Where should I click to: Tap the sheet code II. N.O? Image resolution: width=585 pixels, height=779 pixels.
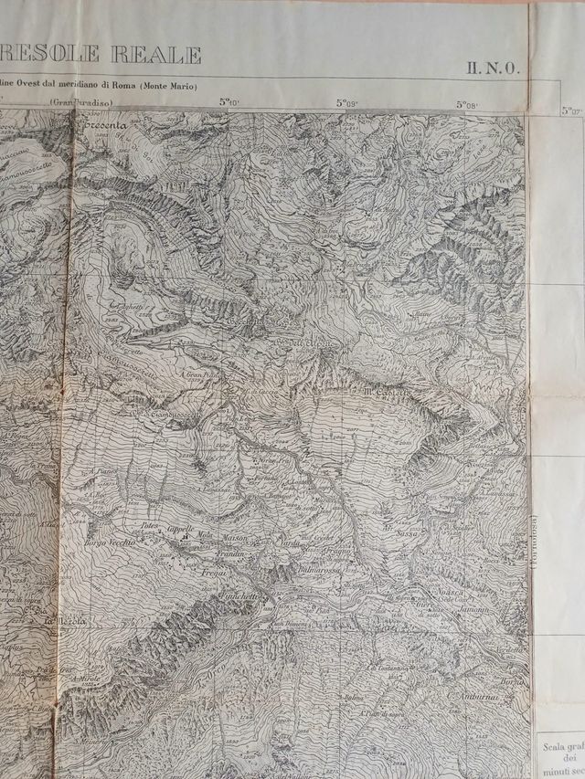pos(495,66)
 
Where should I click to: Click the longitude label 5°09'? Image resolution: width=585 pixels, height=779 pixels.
pos(345,104)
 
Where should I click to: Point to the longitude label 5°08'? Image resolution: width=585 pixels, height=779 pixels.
pos(465,104)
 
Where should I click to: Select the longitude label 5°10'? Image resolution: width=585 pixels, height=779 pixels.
pos(229,102)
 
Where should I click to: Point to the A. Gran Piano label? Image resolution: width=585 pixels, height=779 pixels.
pos(202,374)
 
